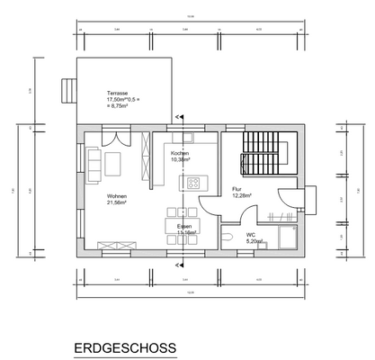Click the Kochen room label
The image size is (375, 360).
tap(180, 154)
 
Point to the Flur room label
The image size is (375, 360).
tap(238, 190)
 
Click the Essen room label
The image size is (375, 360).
tap(183, 226)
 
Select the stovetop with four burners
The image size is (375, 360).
tap(192, 183)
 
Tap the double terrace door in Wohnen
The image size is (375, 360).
tap(112, 138)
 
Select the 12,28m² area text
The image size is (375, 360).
tap(241, 195)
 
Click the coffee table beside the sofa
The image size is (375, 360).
tap(113, 164)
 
